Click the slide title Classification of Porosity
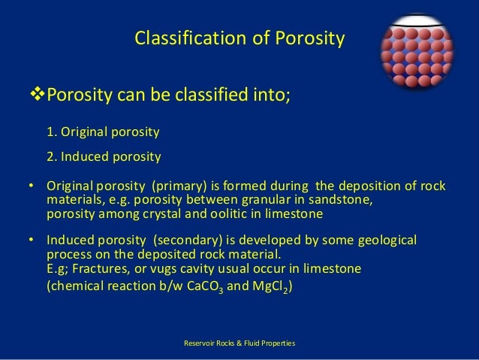[239, 38]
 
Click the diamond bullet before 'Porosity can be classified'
[37, 97]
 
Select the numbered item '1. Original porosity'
[103, 133]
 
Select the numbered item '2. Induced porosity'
[104, 157]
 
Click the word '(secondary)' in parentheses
[186, 241]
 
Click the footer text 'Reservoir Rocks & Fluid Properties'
[239, 343]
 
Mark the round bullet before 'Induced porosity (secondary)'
[32, 241]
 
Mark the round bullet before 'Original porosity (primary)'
[32, 186]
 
